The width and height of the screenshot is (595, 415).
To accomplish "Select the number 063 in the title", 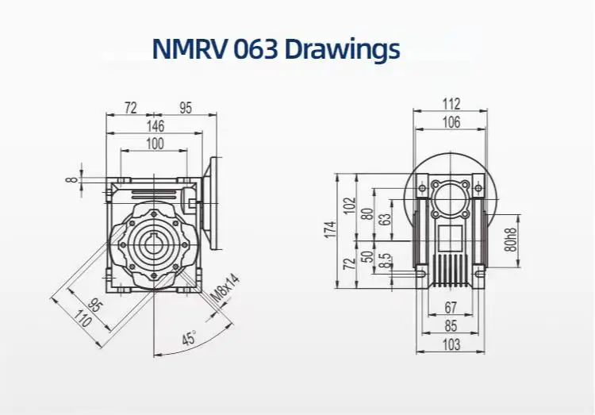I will click(253, 49).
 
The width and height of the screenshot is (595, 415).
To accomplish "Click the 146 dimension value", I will click(155, 125).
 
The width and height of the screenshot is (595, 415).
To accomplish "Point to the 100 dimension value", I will click(155, 144).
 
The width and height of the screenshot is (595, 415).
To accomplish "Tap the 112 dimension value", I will click(451, 104).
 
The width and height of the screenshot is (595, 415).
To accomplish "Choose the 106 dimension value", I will click(451, 121).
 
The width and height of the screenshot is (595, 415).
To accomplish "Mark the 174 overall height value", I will click(331, 230).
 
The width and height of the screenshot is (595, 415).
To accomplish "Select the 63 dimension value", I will click(386, 220).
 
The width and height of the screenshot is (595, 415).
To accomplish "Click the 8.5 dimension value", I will click(385, 260).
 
